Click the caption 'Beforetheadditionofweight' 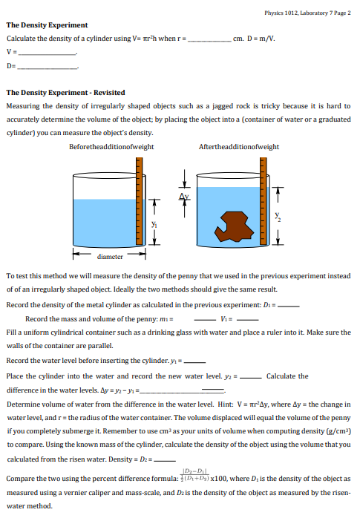coord(111,147)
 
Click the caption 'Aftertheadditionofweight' coord(239,147)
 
